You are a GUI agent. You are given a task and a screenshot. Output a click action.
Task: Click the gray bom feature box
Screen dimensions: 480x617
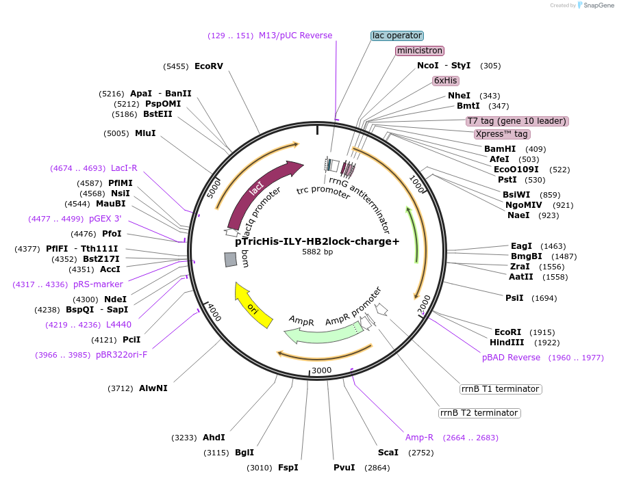(x=231, y=260)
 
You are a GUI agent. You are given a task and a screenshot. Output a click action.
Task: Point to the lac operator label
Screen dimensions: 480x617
(x=397, y=36)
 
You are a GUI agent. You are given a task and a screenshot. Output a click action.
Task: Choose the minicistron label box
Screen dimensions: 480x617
(x=420, y=51)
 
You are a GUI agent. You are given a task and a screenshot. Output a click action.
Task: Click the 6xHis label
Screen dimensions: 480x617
(x=445, y=81)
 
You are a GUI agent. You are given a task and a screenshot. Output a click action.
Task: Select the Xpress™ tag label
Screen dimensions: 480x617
(x=502, y=134)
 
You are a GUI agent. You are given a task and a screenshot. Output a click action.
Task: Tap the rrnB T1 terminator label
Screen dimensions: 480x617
(x=500, y=389)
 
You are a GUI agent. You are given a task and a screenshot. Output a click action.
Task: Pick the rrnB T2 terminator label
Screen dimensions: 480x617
(x=479, y=413)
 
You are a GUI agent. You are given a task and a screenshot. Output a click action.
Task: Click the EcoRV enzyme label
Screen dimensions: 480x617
(x=209, y=66)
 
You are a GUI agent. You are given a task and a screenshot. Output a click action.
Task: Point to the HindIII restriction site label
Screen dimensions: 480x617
(x=507, y=343)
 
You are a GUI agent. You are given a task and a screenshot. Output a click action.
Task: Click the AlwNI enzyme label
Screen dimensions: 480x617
(x=153, y=388)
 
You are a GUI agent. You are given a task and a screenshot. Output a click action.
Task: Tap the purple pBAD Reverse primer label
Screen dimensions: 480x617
(x=511, y=358)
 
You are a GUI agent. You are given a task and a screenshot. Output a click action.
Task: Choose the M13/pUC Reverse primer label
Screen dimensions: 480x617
(x=295, y=36)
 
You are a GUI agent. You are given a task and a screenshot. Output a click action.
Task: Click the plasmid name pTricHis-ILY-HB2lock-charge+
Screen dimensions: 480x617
(x=317, y=241)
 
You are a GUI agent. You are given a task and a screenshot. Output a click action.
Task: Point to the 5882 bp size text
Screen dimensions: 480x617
(x=317, y=252)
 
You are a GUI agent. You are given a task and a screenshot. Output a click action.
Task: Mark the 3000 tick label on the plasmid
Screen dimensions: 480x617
(x=321, y=371)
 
